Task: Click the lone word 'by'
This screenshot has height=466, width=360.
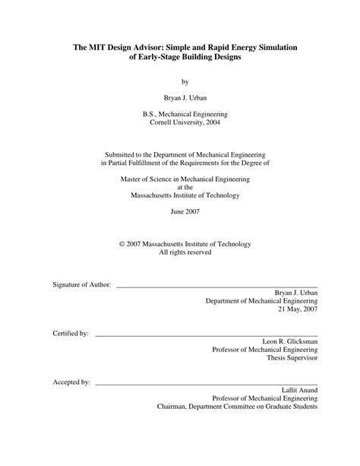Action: click(185, 81)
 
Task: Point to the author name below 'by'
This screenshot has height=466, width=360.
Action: click(185, 98)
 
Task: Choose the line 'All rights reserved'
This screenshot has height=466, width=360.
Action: click(185, 252)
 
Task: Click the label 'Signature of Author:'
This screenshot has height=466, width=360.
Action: click(81, 284)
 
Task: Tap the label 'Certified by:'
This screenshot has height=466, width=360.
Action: click(71, 333)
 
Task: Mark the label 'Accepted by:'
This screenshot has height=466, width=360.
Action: click(72, 382)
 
